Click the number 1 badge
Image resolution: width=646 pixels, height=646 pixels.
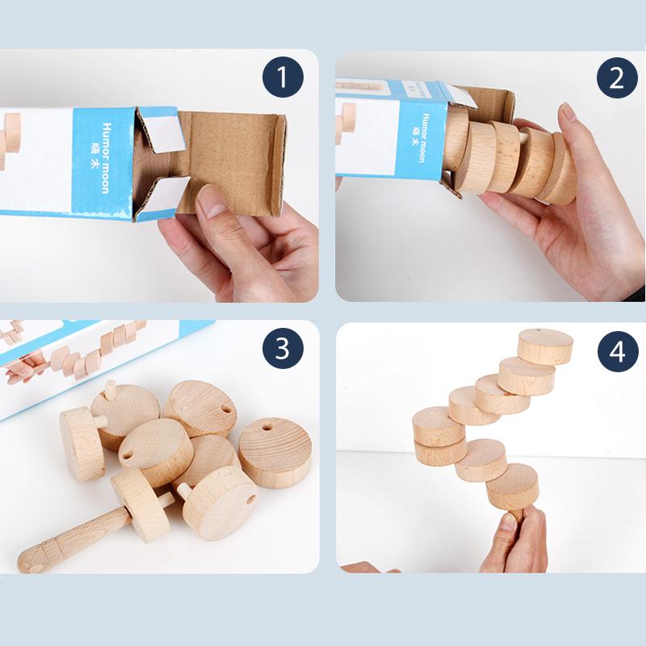point(282,78)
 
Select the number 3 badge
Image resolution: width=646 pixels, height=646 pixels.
point(282,349)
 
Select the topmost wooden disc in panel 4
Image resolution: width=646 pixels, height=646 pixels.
point(545,346)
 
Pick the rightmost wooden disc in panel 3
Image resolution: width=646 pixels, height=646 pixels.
point(275,451)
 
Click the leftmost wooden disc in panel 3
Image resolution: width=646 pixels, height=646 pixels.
point(82,444)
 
